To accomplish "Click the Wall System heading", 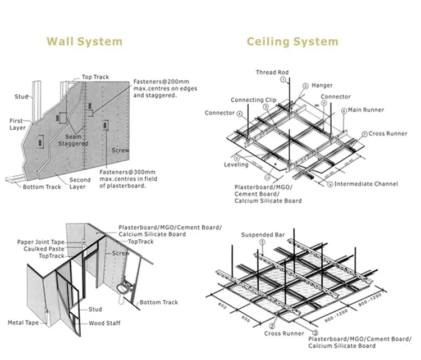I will pyautogui.click(x=84, y=41).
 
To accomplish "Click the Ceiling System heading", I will pyautogui.click(x=292, y=41).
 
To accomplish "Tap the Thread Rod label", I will pyautogui.click(x=273, y=72).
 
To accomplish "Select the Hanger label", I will pyautogui.click(x=322, y=85).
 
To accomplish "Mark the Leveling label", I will pyautogui.click(x=236, y=165).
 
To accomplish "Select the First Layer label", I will pyautogui.click(x=17, y=124).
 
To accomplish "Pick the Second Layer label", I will pyautogui.click(x=80, y=184).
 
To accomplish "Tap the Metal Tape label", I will pyautogui.click(x=23, y=322).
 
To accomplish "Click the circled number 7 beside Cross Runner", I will pyautogui.click(x=364, y=134).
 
